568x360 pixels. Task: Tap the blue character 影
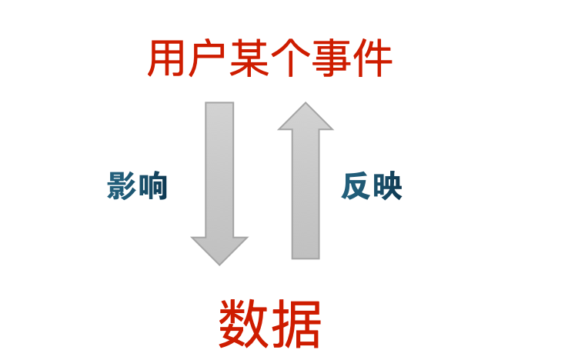[122, 186]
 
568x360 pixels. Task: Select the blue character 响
[152, 186]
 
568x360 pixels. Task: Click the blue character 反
[356, 186]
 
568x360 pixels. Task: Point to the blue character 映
[387, 186]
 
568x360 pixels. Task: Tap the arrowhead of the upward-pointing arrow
[306, 117]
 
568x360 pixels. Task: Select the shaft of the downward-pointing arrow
[219, 169]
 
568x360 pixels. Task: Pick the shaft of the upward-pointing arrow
[306, 192]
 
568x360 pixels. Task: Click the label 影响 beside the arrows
[138, 186]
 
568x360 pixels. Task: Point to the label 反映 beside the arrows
[372, 186]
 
